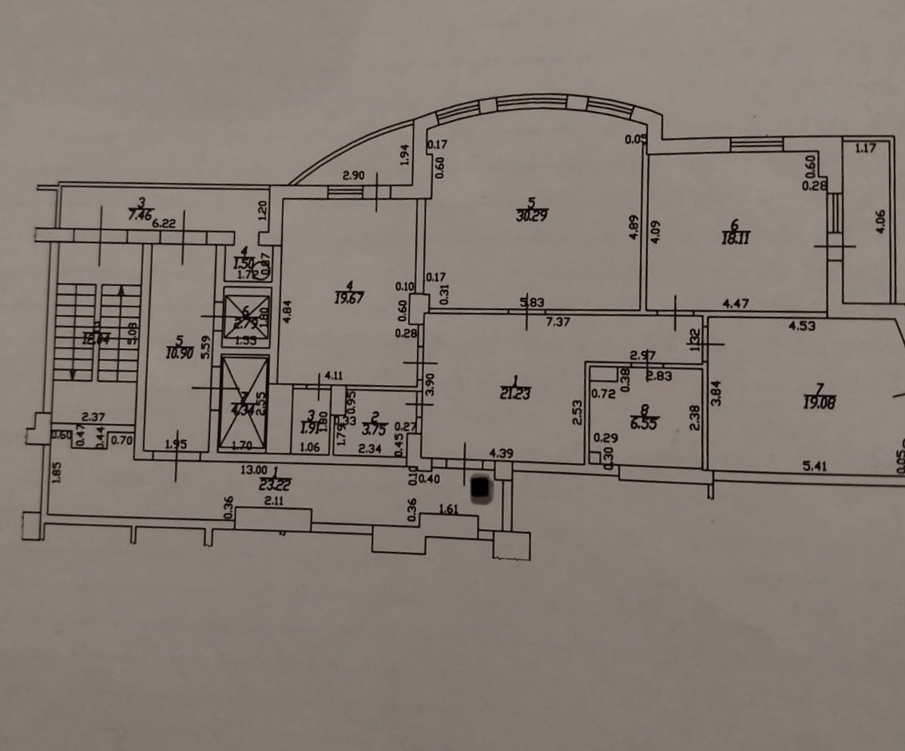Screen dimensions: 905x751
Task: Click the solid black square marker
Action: tap(481, 488)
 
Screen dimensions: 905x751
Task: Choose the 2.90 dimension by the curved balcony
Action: tap(353, 175)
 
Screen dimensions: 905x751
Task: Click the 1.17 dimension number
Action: tap(866, 147)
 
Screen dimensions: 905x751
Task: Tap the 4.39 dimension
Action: tap(500, 453)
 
